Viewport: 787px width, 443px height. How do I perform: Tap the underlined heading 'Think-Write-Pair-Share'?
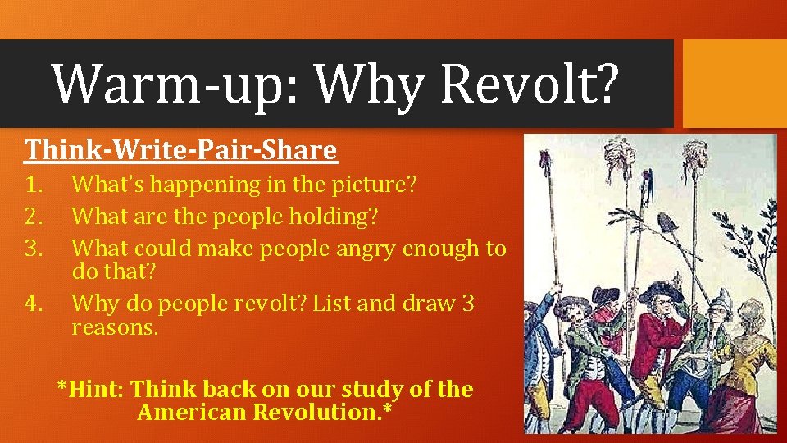click(180, 150)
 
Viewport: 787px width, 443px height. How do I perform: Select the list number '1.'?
click(35, 184)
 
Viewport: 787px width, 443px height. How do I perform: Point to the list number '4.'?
click(35, 304)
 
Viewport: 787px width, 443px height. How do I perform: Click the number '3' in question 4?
click(467, 304)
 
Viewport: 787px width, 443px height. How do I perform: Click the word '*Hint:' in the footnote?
click(90, 389)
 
